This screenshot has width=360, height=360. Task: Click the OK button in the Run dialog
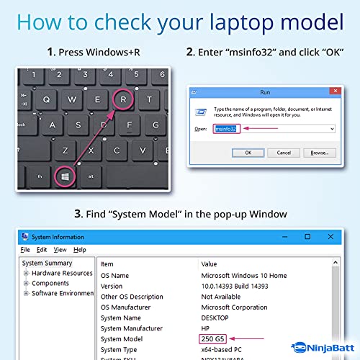248,153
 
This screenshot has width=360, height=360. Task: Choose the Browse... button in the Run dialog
320,153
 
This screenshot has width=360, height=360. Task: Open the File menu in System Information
25,250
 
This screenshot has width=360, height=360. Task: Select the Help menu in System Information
79,250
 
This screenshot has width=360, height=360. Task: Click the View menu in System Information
60,250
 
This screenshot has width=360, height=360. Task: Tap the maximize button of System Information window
307,236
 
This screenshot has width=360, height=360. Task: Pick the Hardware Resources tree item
62,274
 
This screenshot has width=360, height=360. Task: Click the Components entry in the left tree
50,284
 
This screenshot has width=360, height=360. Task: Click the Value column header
209,264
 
